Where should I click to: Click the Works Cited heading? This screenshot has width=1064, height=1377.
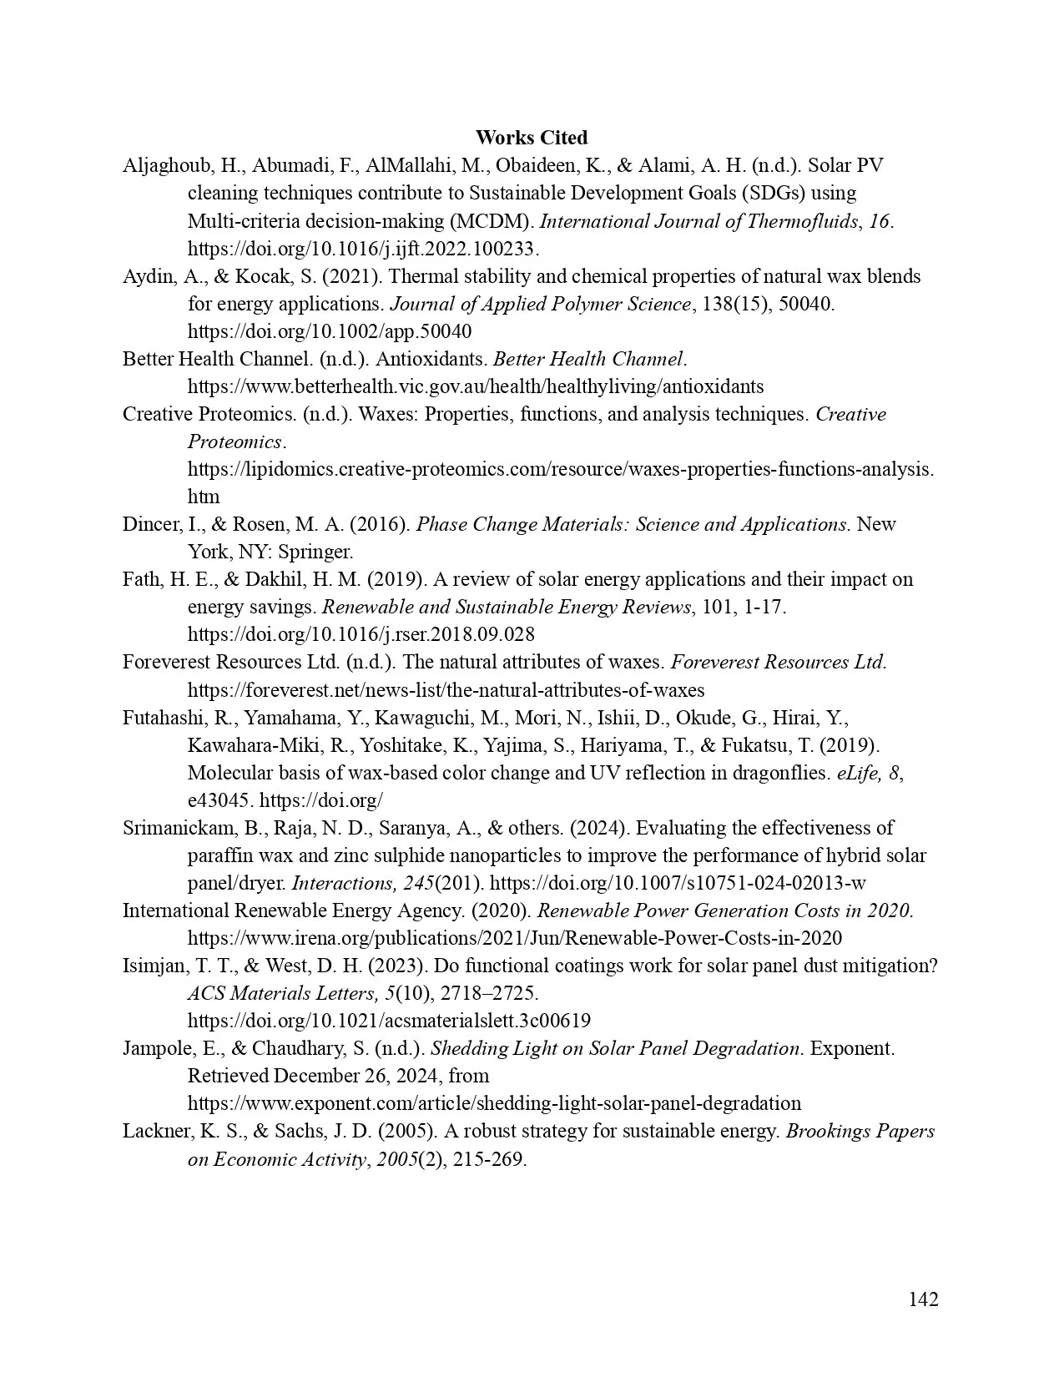[x=532, y=138]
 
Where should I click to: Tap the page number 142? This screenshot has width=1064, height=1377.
[x=923, y=1299]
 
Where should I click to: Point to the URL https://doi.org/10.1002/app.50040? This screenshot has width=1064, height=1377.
[x=329, y=331]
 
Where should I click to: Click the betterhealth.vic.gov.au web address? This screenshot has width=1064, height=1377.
[x=475, y=386]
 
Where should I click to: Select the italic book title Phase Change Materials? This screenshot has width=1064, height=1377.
[x=631, y=524]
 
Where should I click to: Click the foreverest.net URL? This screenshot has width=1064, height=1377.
[x=446, y=690]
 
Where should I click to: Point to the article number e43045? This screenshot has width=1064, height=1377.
[x=219, y=800]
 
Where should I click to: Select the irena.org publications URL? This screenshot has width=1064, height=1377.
[x=514, y=938]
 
